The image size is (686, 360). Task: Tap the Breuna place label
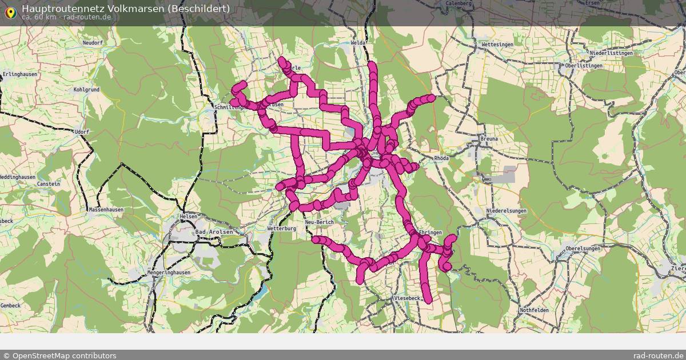coord(489,139)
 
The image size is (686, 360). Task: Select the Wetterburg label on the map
coord(282,229)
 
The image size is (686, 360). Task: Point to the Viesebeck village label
coord(407,299)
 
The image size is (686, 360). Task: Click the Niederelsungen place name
coord(506,211)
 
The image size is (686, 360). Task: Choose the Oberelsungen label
coord(583,249)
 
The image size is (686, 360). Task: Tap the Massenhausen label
coord(106,210)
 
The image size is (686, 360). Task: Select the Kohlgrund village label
coord(86,90)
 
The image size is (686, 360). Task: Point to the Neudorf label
coord(92,43)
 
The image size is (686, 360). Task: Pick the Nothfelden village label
coord(534,310)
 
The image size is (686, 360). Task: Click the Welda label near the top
coord(358,43)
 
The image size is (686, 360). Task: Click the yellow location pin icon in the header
coord(10,12)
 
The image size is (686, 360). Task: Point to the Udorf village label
coord(82,132)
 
